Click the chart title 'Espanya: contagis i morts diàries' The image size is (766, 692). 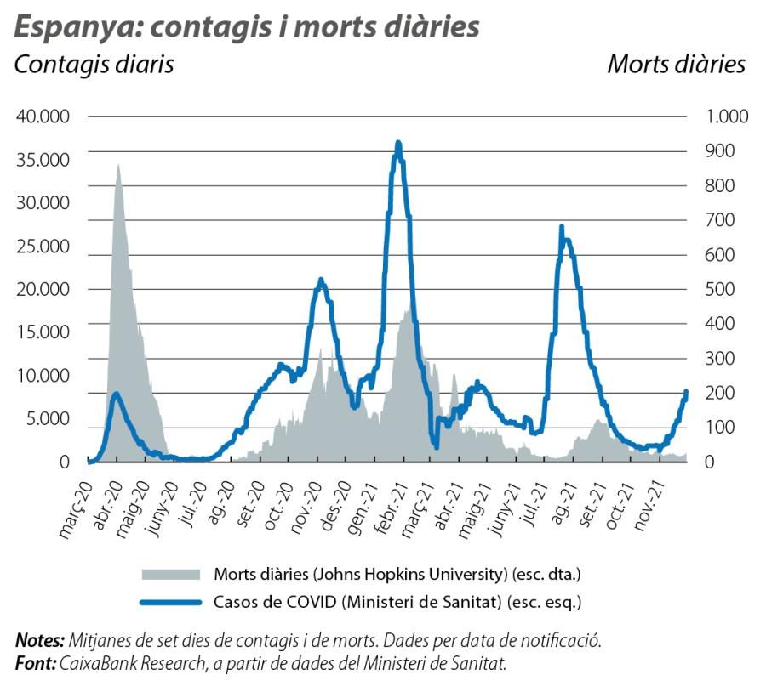pyautogui.click(x=247, y=26)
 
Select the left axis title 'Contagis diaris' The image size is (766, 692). pyautogui.click(x=94, y=65)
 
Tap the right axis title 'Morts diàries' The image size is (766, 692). pyautogui.click(x=676, y=65)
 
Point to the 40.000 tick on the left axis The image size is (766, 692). pyautogui.click(x=43, y=116)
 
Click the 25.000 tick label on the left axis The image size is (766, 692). pyautogui.click(x=43, y=247)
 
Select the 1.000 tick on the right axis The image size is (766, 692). pyautogui.click(x=725, y=116)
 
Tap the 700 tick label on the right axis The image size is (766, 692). pyautogui.click(x=718, y=220)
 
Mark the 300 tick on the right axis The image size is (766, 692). pyautogui.click(x=718, y=358)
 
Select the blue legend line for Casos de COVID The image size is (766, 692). pyautogui.click(x=170, y=603)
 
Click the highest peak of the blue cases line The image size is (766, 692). pyautogui.click(x=398, y=143)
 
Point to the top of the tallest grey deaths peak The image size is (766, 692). pyautogui.click(x=118, y=165)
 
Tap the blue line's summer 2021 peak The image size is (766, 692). pyautogui.click(x=562, y=227)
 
